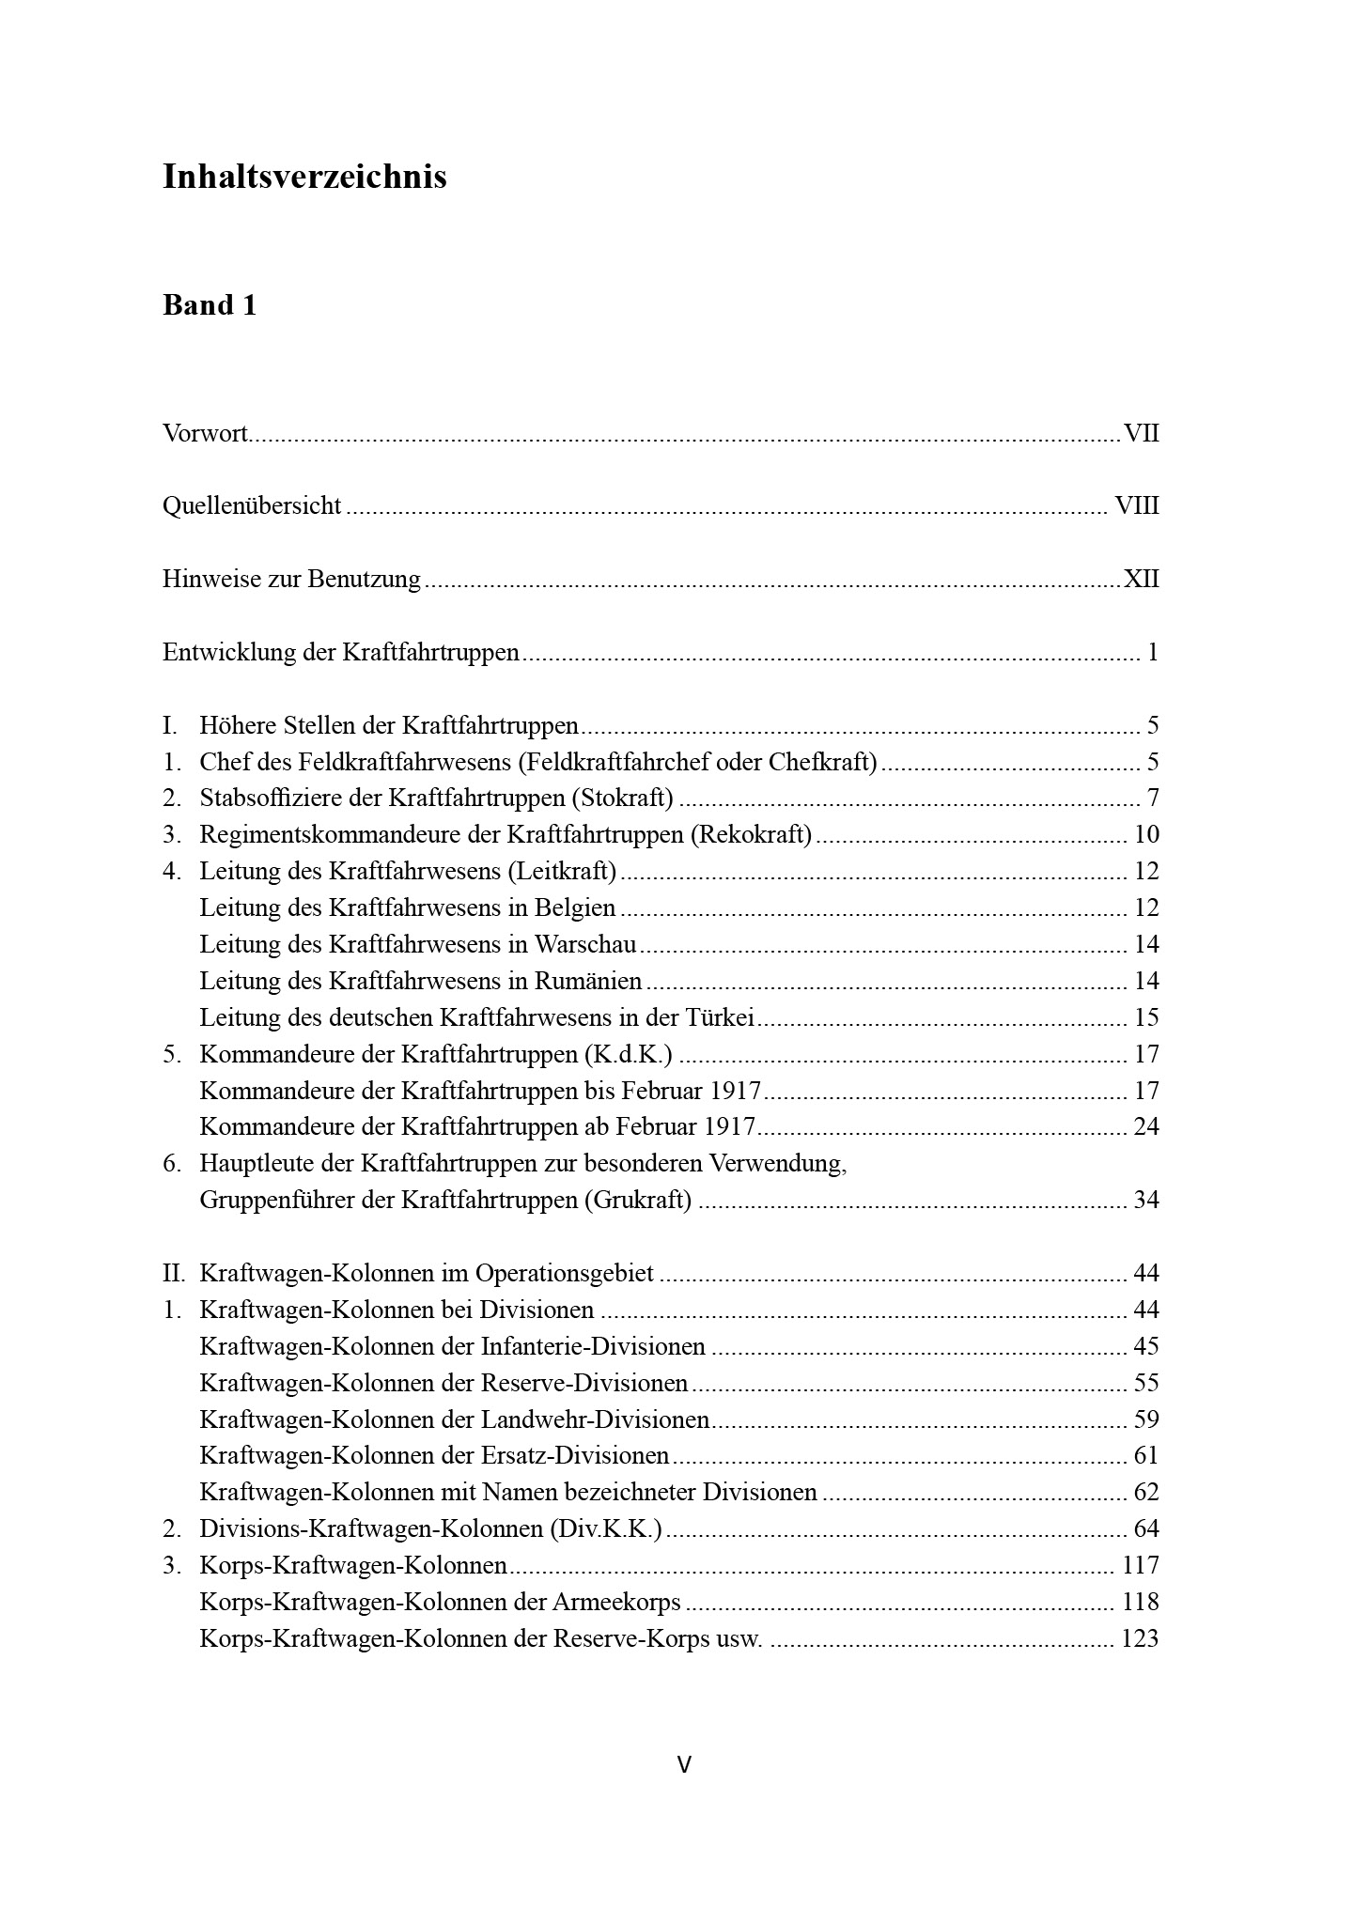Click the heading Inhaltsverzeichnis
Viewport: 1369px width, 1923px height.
coord(304,177)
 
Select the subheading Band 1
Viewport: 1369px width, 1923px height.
coord(210,305)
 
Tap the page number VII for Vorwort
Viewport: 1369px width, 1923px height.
coord(1142,433)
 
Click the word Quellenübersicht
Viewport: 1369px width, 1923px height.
coord(252,505)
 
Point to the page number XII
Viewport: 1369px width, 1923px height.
coord(1142,579)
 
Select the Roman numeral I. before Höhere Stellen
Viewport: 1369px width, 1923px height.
coord(170,725)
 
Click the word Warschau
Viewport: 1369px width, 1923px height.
coord(585,944)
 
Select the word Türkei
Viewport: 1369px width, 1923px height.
coord(723,1017)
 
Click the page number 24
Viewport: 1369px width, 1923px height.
coord(1146,1126)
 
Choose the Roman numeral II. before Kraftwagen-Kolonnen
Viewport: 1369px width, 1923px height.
coord(174,1273)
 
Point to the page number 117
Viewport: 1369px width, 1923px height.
coord(1141,1565)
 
